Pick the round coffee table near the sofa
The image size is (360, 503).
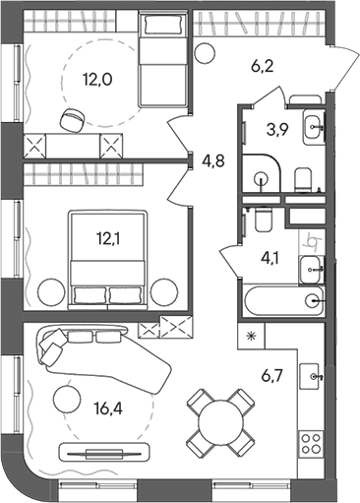67,399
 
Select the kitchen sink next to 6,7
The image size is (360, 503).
312,375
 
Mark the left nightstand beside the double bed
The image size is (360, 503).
49,291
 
